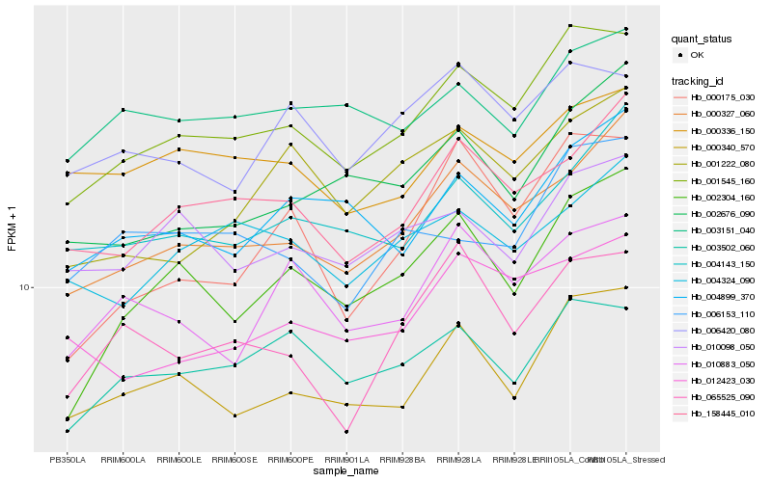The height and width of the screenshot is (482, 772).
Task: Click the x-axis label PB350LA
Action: (x=68, y=460)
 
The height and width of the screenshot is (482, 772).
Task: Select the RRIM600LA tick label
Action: (x=124, y=460)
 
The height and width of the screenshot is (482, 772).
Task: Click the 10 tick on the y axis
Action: (x=25, y=287)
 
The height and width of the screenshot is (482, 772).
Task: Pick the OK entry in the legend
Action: (x=697, y=55)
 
